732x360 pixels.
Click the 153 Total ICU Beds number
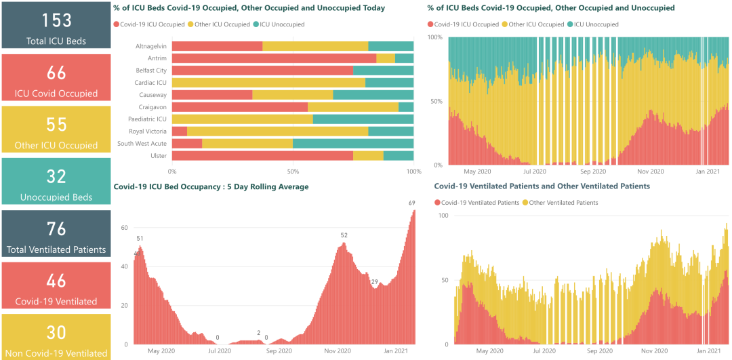[x=56, y=20]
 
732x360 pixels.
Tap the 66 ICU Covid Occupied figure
[x=56, y=73]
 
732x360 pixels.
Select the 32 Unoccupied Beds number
[x=56, y=176]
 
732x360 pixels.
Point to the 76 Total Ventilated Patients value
[x=56, y=228]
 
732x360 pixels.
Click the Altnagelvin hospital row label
[x=151, y=46]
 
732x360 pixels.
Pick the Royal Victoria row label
[x=148, y=131]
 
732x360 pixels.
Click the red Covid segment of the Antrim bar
[x=274, y=58]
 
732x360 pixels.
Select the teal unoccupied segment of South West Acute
[x=353, y=143]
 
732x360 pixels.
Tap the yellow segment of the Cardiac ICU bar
[x=268, y=83]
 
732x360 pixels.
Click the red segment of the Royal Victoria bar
[x=180, y=131]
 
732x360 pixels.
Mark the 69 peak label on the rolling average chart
[x=411, y=203]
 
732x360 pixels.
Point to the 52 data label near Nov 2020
[x=344, y=235]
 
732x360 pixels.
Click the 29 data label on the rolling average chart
[x=373, y=281]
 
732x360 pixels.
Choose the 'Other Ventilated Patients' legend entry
[x=563, y=203]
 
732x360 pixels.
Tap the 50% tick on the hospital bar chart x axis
[x=293, y=172]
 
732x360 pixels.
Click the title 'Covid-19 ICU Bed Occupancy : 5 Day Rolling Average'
[x=211, y=186]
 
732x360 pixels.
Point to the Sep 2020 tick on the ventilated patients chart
[x=598, y=351]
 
